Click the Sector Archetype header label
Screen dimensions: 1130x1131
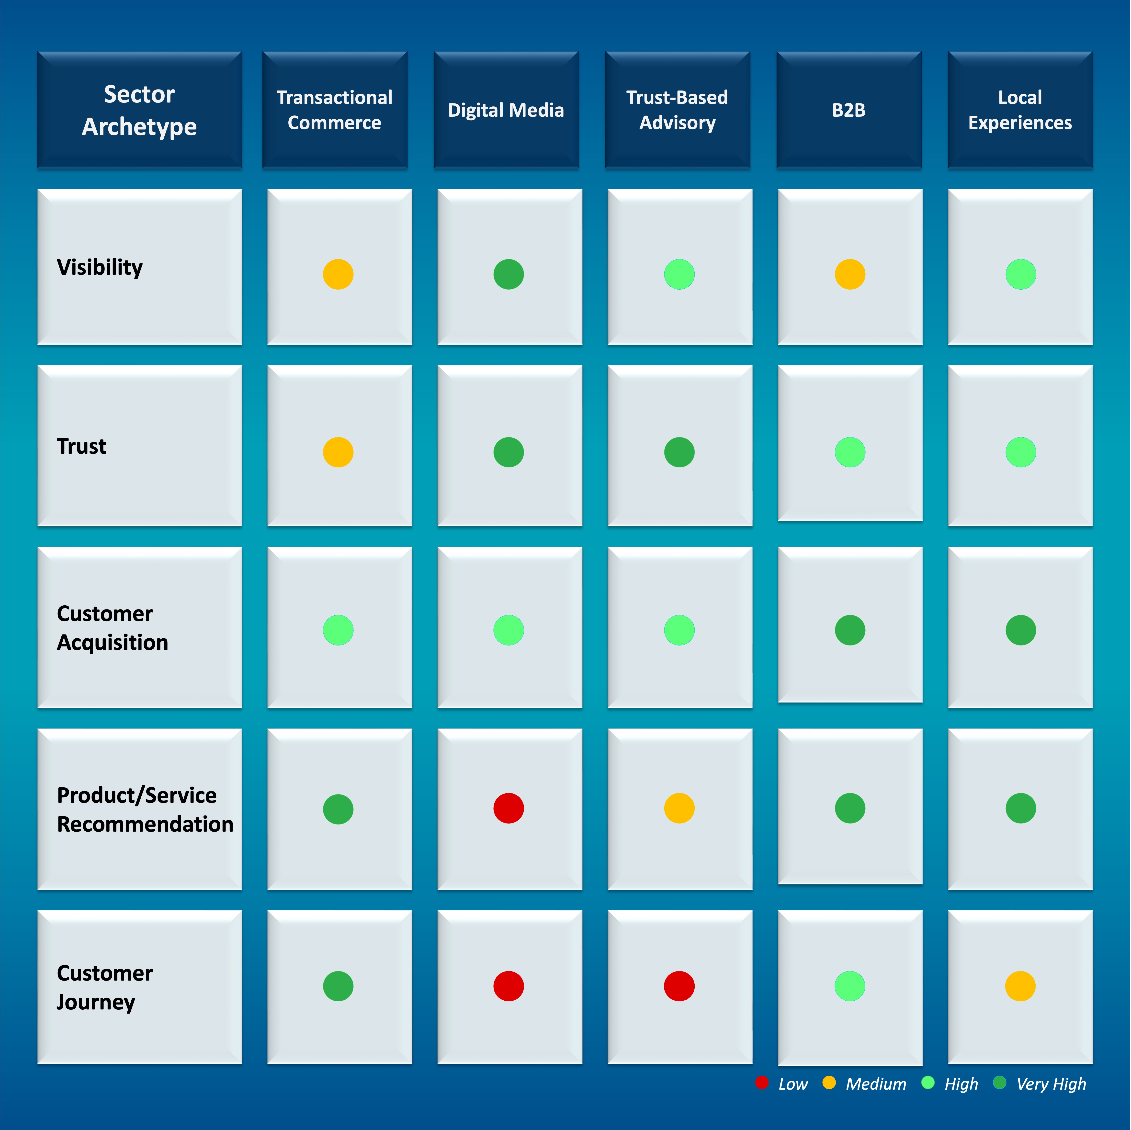(139, 110)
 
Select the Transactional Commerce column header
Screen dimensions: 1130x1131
(334, 110)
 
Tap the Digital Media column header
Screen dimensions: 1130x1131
(506, 110)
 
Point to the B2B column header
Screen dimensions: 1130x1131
(849, 110)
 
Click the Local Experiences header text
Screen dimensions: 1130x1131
(1020, 110)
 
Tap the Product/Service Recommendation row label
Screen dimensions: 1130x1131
(145, 809)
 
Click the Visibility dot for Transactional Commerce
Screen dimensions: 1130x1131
(338, 274)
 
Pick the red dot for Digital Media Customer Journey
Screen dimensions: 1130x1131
(509, 986)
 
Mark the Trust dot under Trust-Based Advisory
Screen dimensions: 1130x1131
(679, 452)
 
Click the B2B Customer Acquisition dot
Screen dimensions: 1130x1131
(850, 630)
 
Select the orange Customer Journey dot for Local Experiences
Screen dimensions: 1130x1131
(1020, 986)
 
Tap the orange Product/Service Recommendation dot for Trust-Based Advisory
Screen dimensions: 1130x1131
(679, 808)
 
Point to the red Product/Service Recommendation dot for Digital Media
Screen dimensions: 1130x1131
(509, 808)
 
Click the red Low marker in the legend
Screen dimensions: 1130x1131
(762, 1083)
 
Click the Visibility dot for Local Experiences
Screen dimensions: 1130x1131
(1020, 274)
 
